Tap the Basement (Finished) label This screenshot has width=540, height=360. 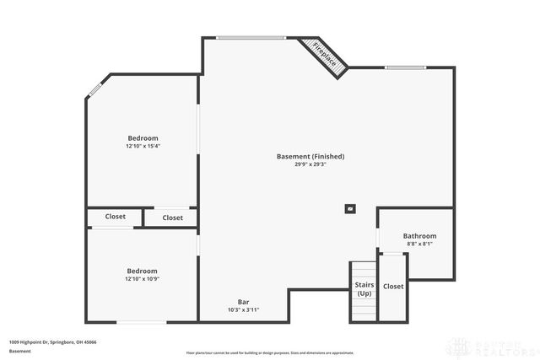310,156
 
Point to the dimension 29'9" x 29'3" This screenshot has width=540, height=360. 310,164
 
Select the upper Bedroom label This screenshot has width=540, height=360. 143,137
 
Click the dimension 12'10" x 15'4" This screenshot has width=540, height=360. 143,146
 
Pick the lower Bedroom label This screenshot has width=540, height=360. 142,271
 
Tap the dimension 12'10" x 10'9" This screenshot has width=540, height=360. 142,279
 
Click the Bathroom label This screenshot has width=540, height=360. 419,236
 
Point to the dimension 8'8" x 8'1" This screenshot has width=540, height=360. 419,244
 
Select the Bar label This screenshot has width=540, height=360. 243,302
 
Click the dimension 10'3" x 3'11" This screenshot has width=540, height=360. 243,310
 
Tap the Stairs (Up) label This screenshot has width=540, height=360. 364,289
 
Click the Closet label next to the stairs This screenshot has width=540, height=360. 393,287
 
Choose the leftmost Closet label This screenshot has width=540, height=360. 116,217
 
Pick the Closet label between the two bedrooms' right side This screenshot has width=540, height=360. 172,218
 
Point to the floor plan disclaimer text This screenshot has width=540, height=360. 270,352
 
